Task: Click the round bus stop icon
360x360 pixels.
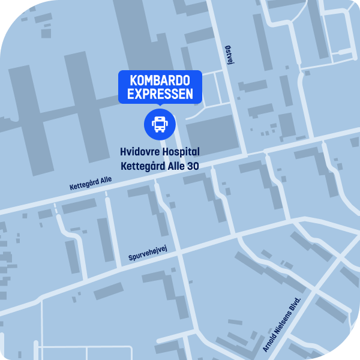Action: pos(160,124)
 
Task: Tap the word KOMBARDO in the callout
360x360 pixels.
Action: pos(160,81)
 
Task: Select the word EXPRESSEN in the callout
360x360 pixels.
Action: pos(160,94)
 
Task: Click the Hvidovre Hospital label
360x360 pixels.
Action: pos(160,152)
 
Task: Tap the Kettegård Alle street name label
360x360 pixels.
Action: pos(91,183)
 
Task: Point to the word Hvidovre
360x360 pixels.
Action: pos(139,152)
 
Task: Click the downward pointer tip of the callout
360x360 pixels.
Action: pos(160,106)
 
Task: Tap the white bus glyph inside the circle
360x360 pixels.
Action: pos(160,124)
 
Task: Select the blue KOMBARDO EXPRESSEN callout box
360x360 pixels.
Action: pos(160,88)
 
